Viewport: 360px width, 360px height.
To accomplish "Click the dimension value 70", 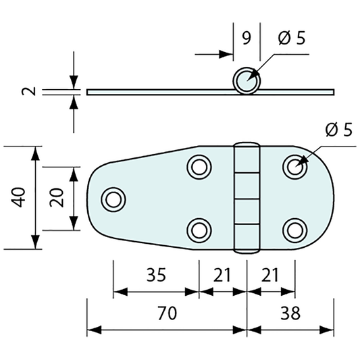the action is (168, 313).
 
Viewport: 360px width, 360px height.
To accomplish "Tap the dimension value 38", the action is (290, 313).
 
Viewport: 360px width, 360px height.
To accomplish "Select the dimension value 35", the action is (156, 275).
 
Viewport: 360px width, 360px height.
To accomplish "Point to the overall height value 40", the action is (18, 197).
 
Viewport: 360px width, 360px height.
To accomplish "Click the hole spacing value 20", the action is (57, 197).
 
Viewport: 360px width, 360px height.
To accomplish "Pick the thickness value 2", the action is (29, 91).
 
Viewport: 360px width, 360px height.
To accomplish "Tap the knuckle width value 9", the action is (247, 38).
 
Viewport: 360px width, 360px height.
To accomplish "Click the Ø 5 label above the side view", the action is (292, 38).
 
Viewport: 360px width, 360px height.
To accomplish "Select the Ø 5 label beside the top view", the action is (338, 130).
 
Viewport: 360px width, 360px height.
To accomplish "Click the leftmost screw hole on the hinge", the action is (113, 199).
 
